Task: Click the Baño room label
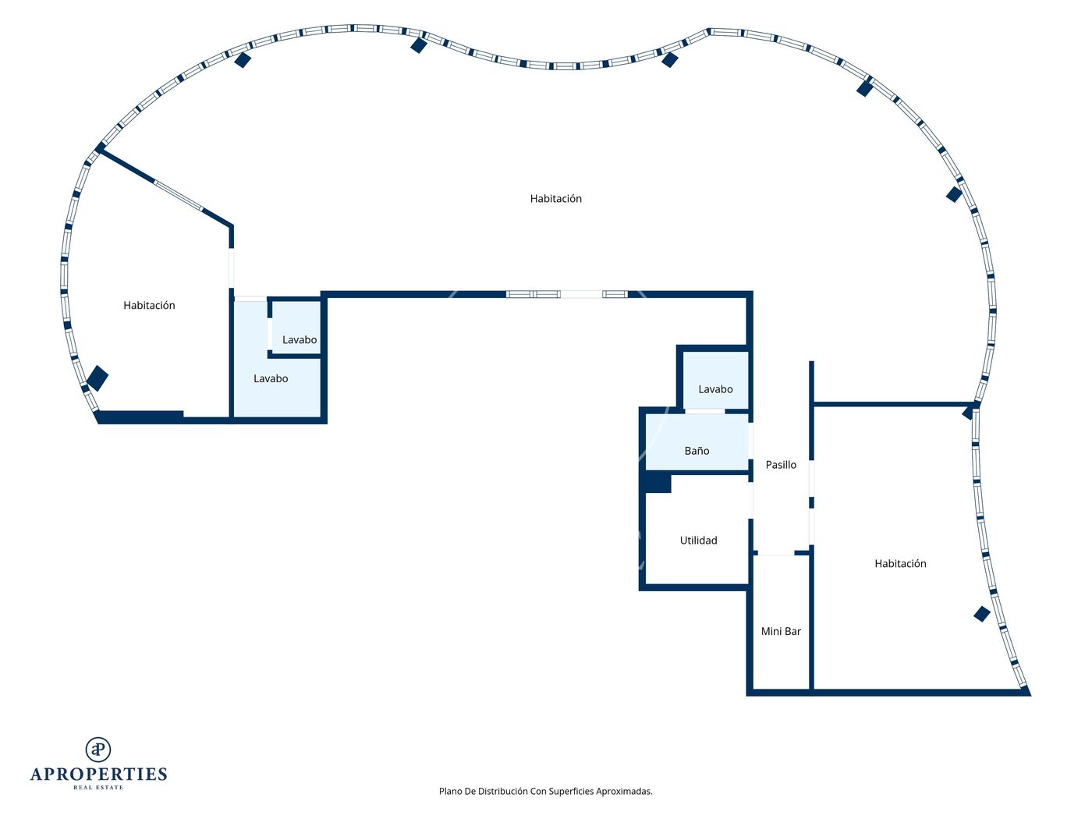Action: tap(697, 451)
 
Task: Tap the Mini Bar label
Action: tap(781, 631)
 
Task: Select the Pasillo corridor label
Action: tap(781, 464)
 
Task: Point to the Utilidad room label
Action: tap(698, 540)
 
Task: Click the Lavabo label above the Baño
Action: tap(715, 389)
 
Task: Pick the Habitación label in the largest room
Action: tap(555, 198)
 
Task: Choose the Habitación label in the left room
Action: tap(149, 305)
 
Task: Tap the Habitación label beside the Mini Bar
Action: tap(900, 563)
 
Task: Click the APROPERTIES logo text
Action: tap(98, 775)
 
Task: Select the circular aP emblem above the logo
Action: tap(98, 750)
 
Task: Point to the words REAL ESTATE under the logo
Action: tap(98, 788)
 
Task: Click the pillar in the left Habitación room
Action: tap(97, 378)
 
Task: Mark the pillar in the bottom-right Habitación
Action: tap(981, 614)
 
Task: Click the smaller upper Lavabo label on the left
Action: tap(300, 339)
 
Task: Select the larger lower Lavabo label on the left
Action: tap(271, 378)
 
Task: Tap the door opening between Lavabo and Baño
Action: tap(704, 411)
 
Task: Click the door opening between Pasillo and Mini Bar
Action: tap(775, 553)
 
